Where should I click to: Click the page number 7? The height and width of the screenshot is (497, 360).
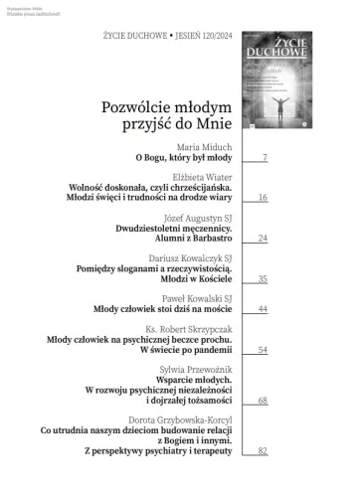click(264, 158)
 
